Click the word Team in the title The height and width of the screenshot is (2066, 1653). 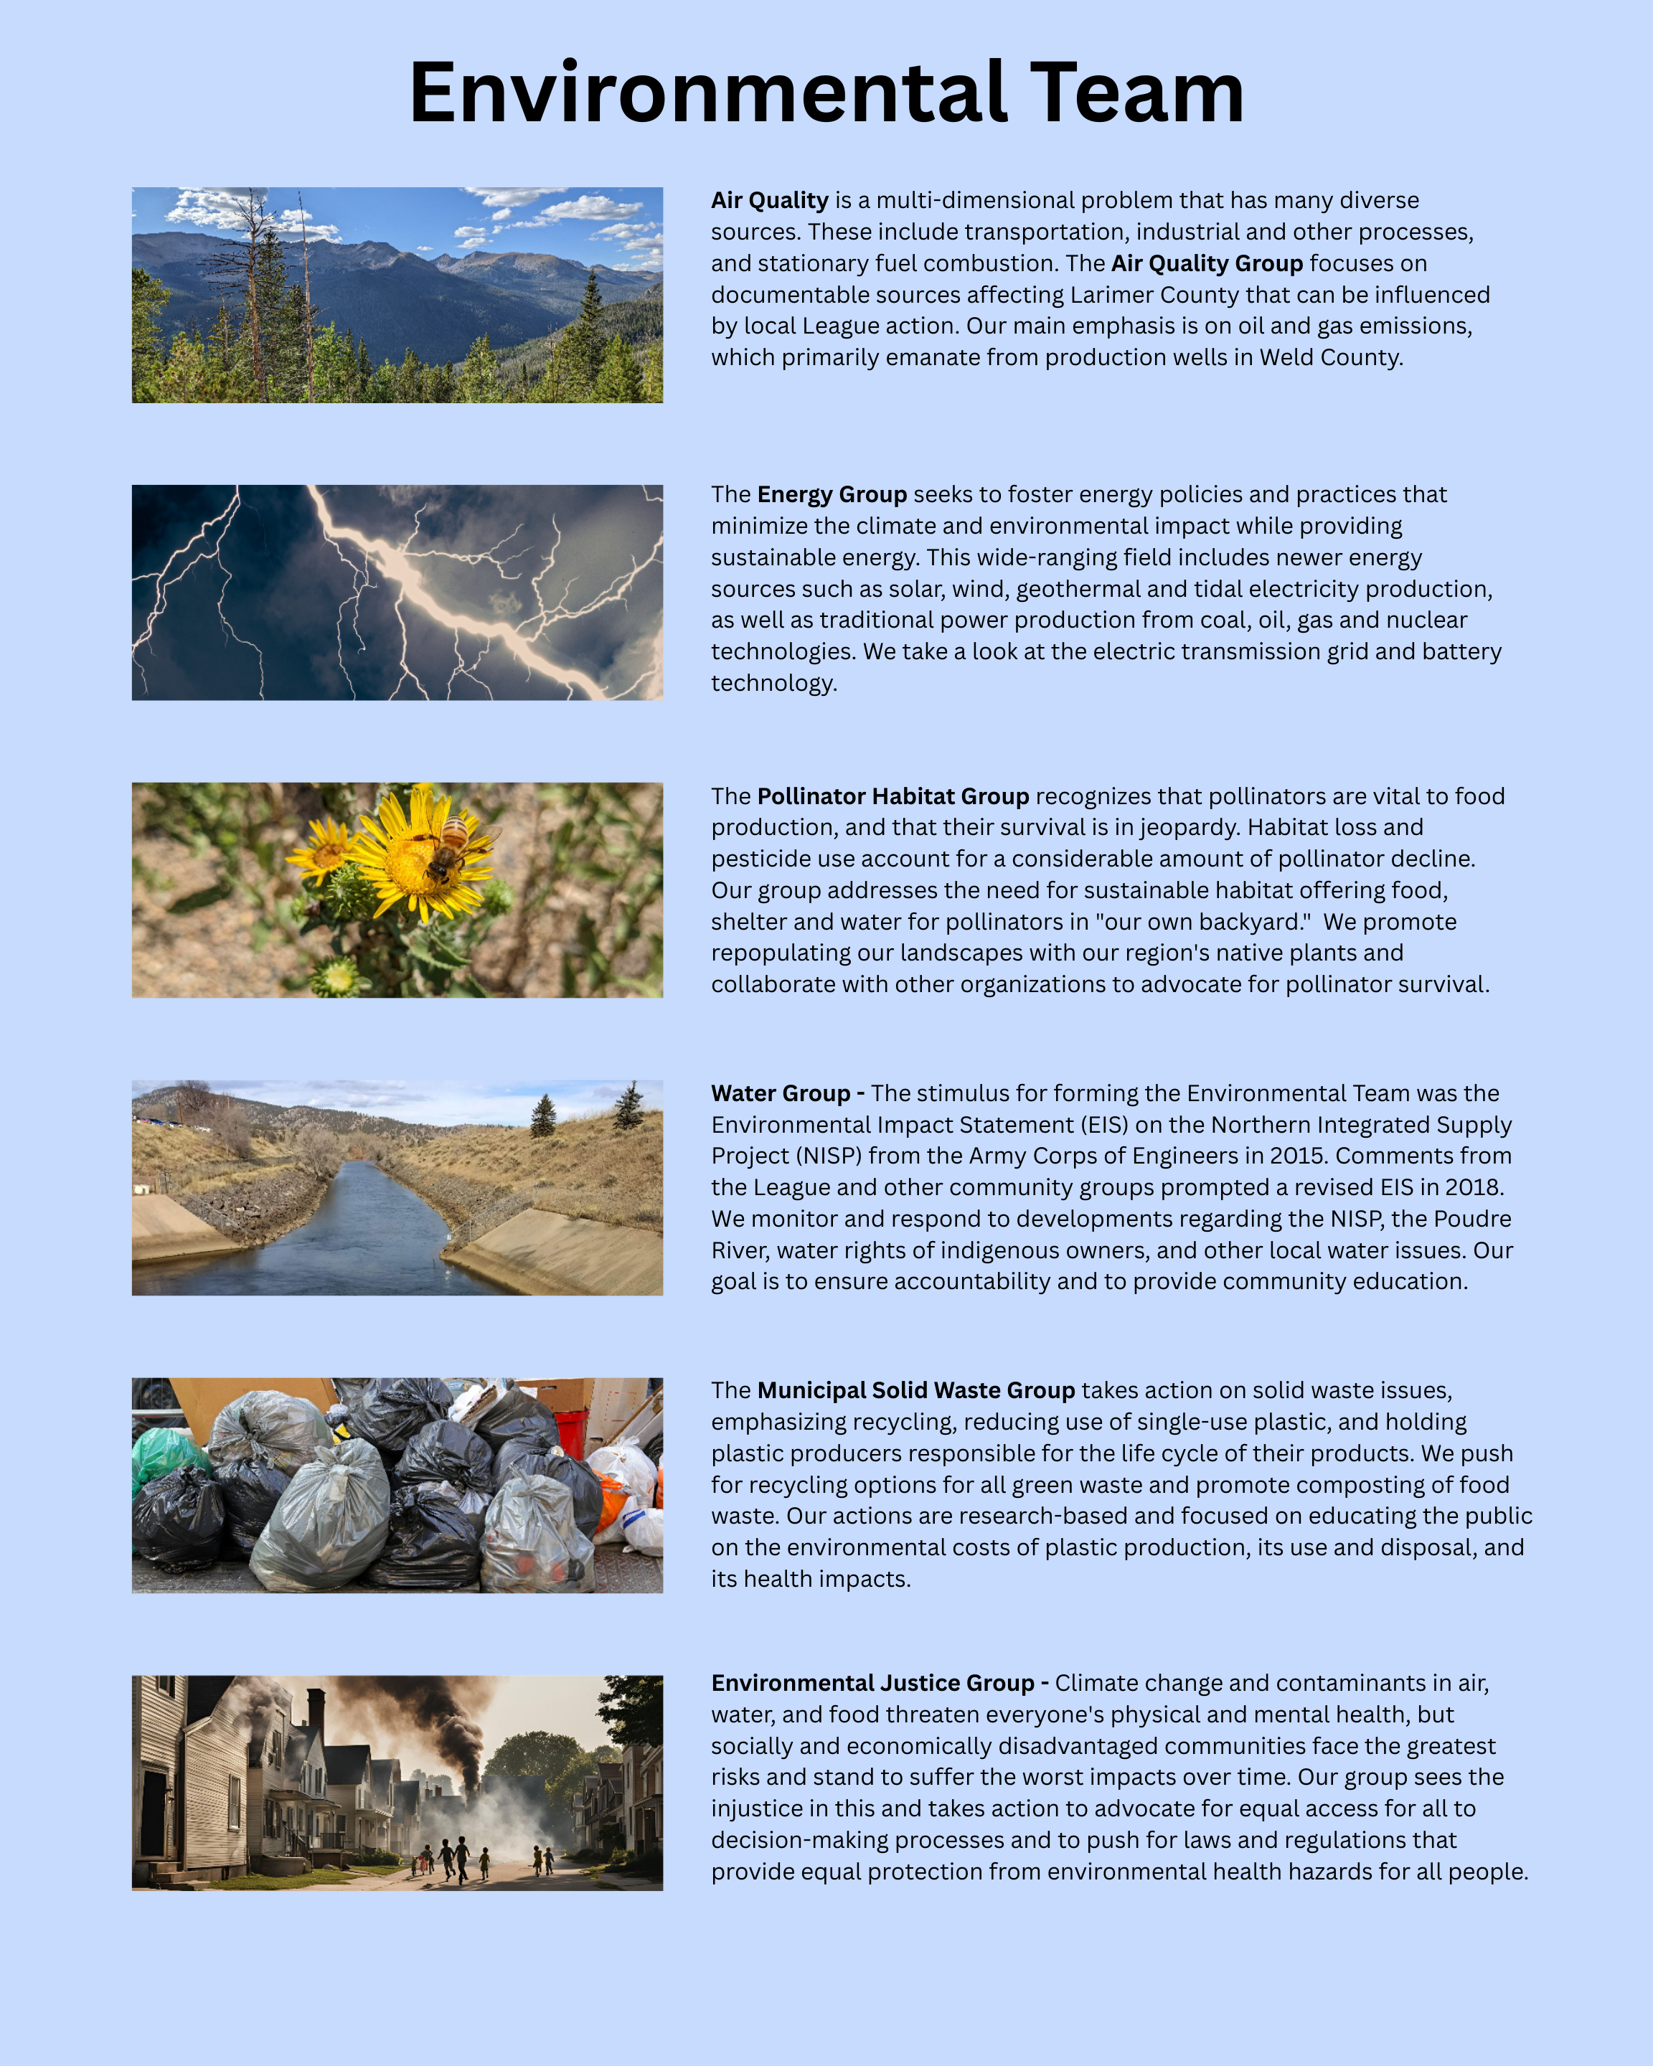[x=1136, y=93]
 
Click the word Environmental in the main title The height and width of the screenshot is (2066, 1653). [x=707, y=93]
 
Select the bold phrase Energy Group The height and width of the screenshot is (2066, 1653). [x=831, y=494]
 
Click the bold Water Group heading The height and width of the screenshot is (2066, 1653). [x=781, y=1093]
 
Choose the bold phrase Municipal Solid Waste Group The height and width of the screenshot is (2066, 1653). [x=915, y=1390]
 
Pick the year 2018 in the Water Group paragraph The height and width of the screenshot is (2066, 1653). [x=1473, y=1187]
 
